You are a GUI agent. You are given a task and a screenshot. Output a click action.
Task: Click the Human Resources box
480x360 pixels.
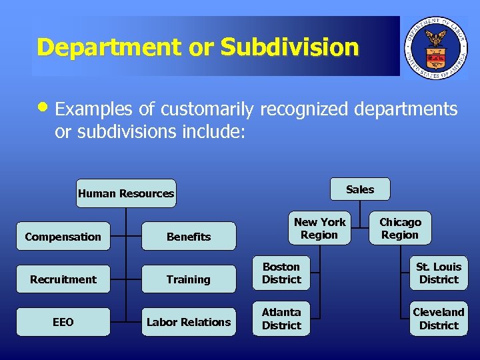(x=126, y=193)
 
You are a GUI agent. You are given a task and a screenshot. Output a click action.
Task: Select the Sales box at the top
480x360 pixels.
(x=360, y=189)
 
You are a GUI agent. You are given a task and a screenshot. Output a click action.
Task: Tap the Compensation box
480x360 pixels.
(x=63, y=237)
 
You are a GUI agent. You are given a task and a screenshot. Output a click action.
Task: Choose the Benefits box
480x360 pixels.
(x=189, y=237)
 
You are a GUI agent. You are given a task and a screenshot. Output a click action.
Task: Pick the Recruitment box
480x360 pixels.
(x=63, y=279)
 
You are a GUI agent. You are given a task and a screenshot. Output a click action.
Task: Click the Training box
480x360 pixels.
(x=189, y=279)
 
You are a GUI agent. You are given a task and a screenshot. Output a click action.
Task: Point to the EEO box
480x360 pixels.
(x=63, y=322)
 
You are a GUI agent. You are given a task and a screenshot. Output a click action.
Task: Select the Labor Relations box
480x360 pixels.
(x=189, y=322)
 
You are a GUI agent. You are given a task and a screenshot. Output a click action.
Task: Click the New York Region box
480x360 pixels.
(x=319, y=228)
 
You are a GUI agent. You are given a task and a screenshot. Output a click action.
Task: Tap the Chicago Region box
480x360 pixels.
(x=400, y=228)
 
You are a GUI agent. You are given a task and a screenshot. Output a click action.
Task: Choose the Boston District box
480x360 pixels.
(x=282, y=273)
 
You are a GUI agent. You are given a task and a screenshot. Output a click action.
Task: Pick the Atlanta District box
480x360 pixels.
(x=282, y=318)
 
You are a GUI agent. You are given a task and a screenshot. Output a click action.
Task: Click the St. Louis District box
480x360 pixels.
(x=439, y=273)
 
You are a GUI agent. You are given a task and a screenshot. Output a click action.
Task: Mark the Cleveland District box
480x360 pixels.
(x=439, y=318)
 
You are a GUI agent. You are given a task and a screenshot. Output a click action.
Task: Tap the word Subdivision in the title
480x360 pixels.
(x=290, y=47)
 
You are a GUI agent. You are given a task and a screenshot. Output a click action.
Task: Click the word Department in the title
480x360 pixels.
(x=109, y=47)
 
